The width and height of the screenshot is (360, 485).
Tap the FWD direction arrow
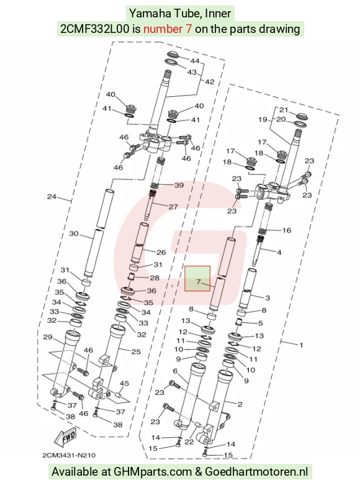(65, 438)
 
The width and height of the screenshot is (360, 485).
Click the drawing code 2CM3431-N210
(69, 455)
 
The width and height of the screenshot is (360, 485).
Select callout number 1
(302, 345)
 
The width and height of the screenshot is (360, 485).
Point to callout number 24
(52, 197)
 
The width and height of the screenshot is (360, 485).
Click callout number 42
(209, 82)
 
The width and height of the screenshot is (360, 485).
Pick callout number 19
(263, 119)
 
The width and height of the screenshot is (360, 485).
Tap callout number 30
(74, 233)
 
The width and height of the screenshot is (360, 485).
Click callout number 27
(173, 207)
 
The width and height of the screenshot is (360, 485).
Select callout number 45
(124, 384)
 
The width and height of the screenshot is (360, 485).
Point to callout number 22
(189, 442)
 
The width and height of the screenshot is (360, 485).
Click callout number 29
(48, 337)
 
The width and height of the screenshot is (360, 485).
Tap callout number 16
(287, 230)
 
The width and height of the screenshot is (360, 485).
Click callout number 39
(179, 185)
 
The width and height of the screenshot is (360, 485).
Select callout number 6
(176, 371)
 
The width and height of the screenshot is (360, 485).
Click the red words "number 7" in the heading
(168, 29)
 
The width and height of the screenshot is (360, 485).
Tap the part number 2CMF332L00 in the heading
(94, 29)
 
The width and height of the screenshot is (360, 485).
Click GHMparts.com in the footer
(153, 472)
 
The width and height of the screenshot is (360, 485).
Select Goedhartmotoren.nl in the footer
(256, 472)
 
